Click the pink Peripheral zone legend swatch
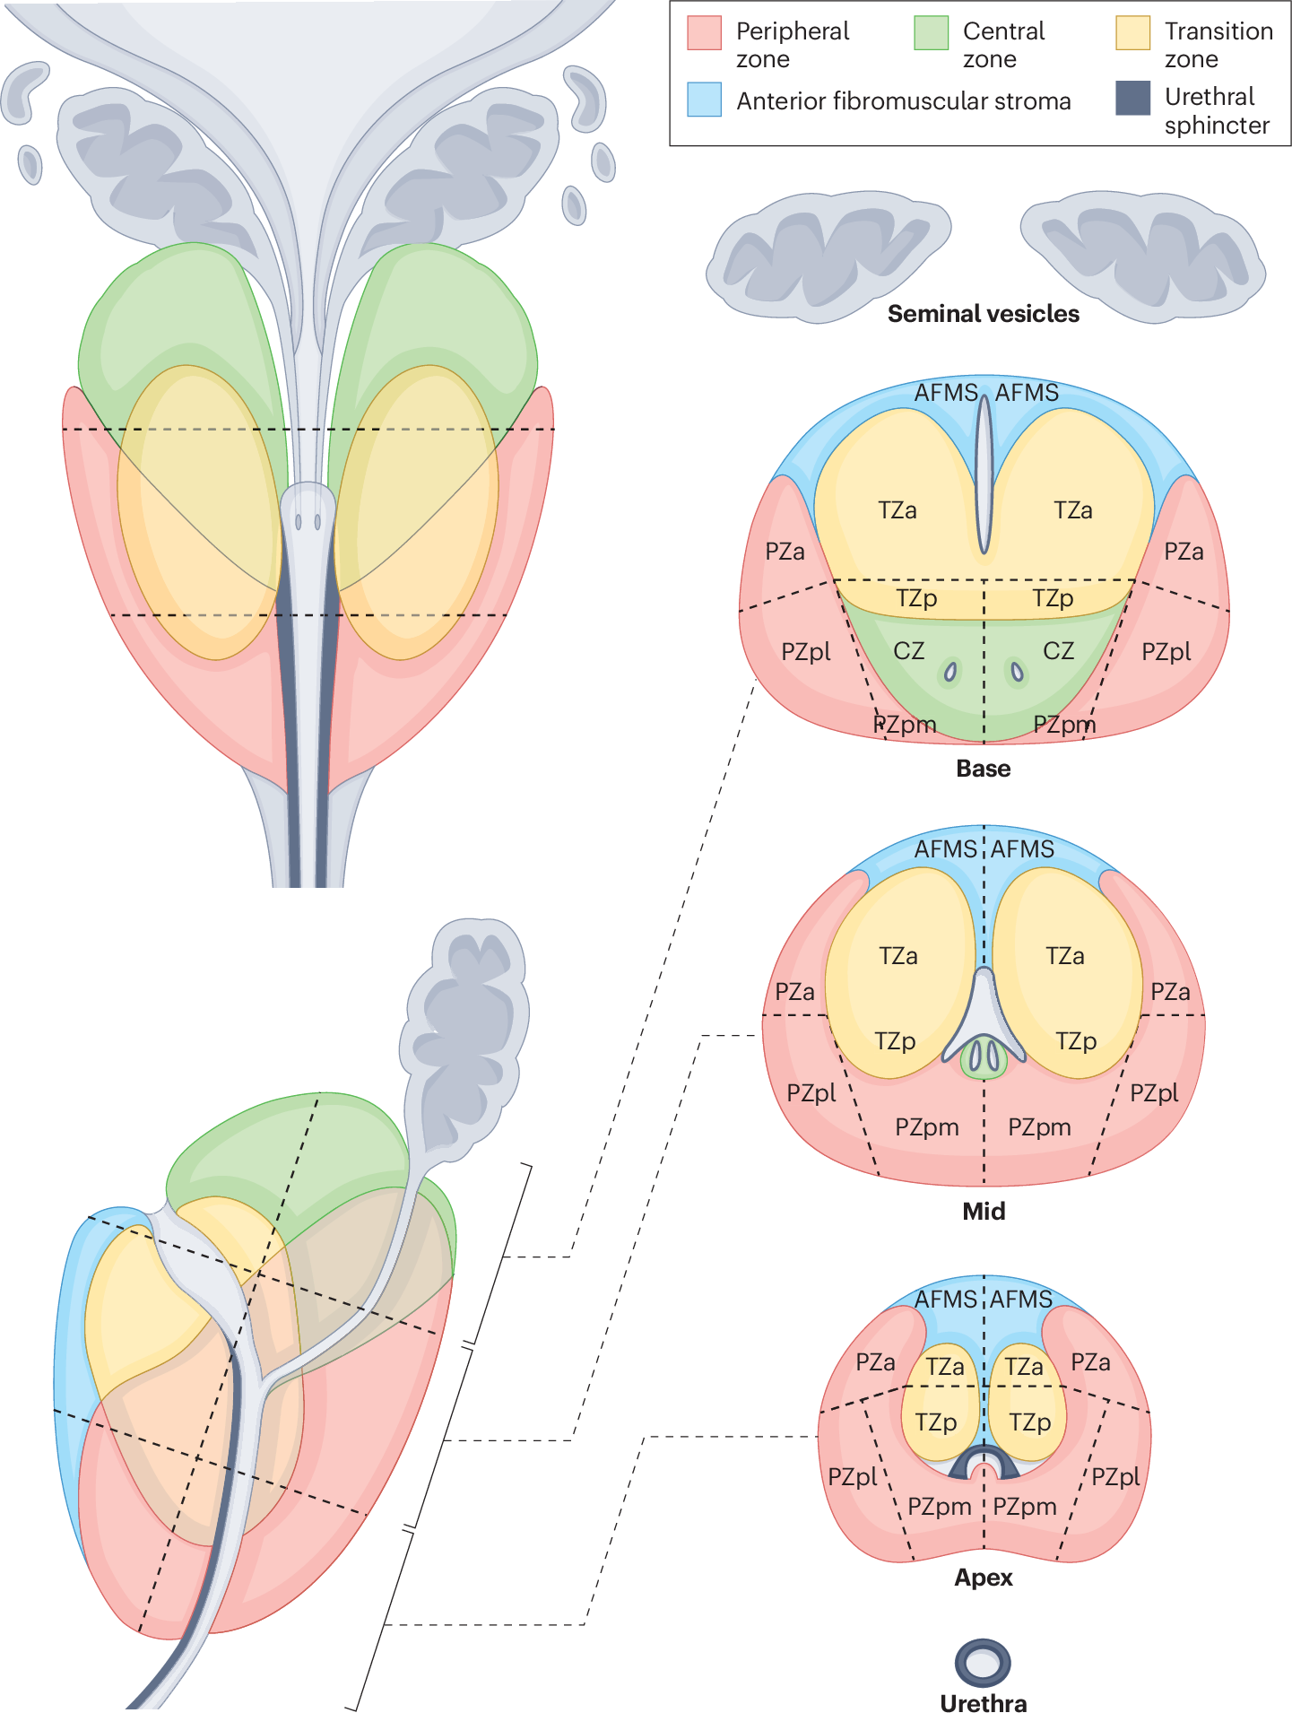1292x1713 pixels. (x=704, y=32)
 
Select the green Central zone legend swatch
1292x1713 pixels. (x=931, y=32)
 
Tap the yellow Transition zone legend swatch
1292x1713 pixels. (x=1132, y=32)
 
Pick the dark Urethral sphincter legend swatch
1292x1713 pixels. (x=1132, y=98)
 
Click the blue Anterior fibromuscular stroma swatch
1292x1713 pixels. (x=704, y=100)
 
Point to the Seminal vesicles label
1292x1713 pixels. (x=983, y=314)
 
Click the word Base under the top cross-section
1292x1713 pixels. (x=983, y=769)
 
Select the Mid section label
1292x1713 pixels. (x=983, y=1212)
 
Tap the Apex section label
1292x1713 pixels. (x=983, y=1578)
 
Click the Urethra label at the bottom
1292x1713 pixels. (x=983, y=1702)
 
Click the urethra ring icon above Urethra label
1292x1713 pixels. (x=983, y=1663)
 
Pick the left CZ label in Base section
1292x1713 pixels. (x=908, y=651)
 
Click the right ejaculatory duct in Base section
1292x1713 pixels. (x=1017, y=671)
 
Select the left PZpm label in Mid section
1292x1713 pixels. (x=926, y=1127)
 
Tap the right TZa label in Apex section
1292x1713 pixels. (x=1023, y=1367)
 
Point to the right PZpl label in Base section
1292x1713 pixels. (x=1166, y=652)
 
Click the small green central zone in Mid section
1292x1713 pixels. (x=984, y=1058)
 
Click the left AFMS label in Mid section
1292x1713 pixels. (x=945, y=849)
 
